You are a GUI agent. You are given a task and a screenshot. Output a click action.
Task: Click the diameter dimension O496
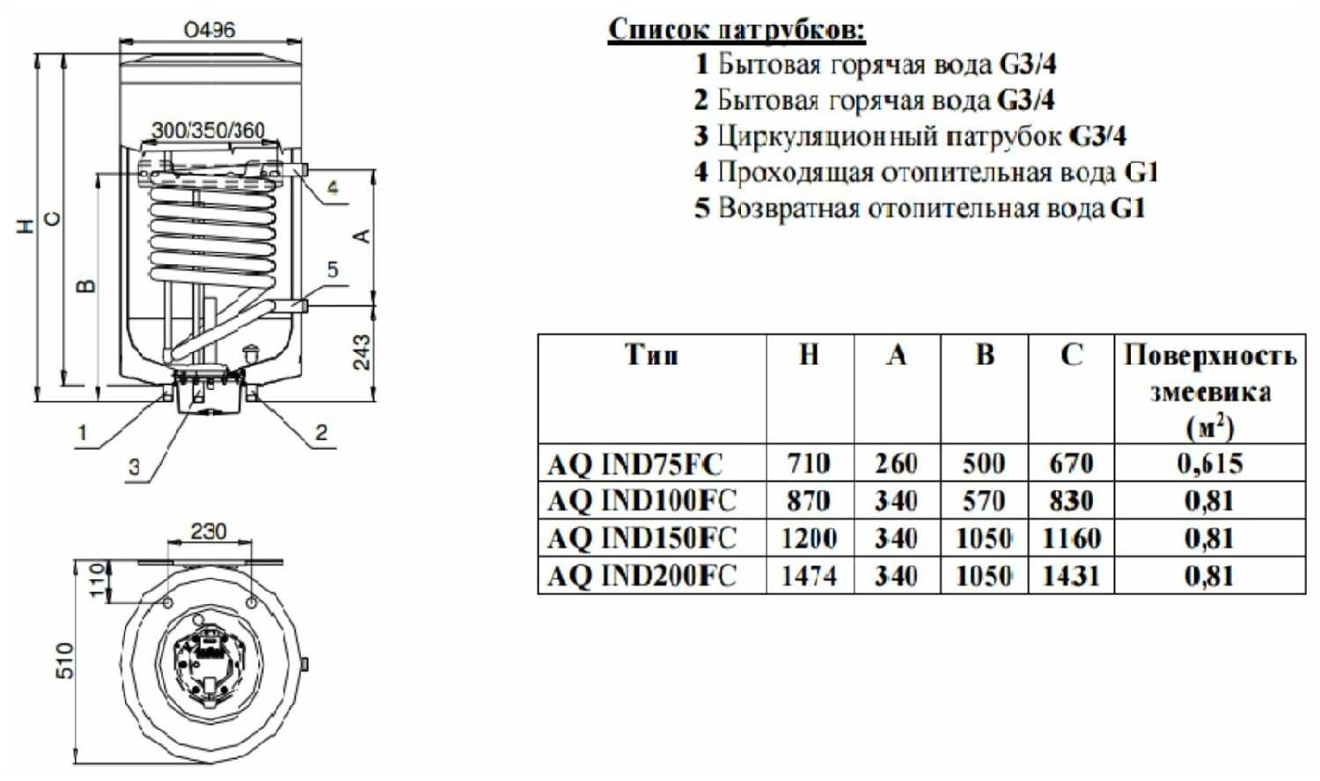(209, 29)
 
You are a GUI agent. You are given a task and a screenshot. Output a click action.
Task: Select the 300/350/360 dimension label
(209, 130)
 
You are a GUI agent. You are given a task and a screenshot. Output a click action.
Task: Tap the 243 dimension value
(362, 351)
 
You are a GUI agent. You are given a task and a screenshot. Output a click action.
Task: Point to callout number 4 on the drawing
(333, 188)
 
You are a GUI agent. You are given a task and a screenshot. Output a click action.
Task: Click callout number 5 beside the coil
(333, 269)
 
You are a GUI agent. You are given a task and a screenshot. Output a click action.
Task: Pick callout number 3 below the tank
(134, 467)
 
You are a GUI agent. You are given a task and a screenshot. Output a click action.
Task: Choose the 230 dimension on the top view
(209, 531)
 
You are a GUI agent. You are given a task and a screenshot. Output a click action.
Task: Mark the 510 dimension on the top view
(65, 659)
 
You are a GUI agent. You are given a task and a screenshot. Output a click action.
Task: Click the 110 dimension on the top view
(98, 580)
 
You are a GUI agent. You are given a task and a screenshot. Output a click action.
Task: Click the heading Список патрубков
(737, 30)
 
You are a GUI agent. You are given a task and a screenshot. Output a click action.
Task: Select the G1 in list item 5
(1127, 209)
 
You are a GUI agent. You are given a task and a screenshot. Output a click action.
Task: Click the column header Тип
(651, 356)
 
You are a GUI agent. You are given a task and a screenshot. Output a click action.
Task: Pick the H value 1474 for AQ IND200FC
(809, 576)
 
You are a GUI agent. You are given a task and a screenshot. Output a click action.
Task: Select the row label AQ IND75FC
(634, 464)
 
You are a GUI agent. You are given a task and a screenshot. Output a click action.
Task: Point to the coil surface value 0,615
(1210, 463)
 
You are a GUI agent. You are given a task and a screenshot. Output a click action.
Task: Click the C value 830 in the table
(1071, 501)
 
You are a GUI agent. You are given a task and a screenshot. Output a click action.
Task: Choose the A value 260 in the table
(896, 464)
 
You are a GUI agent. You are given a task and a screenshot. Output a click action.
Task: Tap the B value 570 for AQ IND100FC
(983, 501)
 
